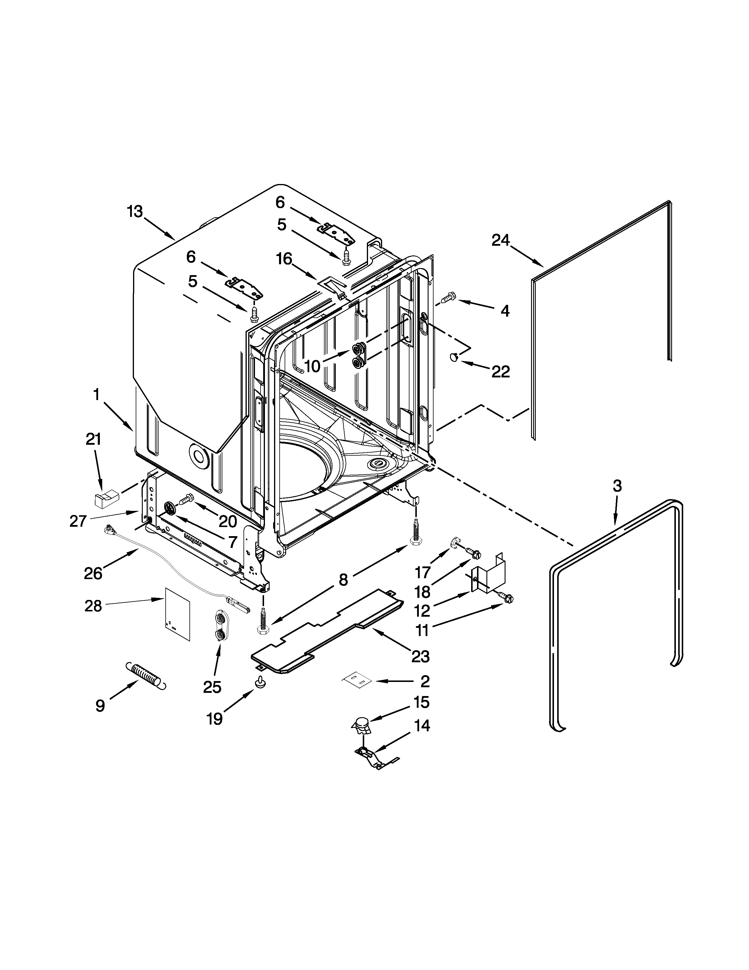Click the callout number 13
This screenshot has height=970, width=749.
click(x=135, y=212)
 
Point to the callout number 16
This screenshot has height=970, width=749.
click(x=284, y=258)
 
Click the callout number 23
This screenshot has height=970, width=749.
click(x=420, y=656)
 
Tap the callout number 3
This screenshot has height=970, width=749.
click(x=617, y=486)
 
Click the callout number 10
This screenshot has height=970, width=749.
click(x=313, y=367)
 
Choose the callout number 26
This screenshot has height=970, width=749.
click(x=93, y=573)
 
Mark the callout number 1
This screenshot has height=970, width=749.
click(x=96, y=394)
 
